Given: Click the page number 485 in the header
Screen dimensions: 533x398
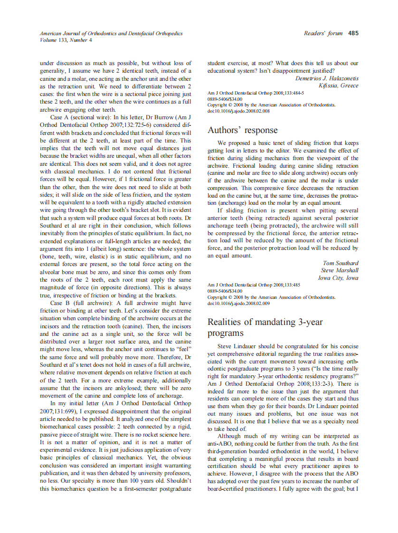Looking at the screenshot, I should coord(353,33).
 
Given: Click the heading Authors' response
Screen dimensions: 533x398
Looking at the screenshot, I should coord(243,130).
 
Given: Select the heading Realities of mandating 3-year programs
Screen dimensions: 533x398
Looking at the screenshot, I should coord(265,327).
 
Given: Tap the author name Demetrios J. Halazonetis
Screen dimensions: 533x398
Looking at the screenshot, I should coord(327,78).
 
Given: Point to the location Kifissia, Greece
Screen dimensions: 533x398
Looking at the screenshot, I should coord(339,86).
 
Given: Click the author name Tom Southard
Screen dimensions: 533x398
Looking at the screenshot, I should coord(341,263).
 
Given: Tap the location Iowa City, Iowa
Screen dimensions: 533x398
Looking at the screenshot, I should coord(338,278).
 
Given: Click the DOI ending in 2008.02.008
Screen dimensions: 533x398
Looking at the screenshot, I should coord(239,111).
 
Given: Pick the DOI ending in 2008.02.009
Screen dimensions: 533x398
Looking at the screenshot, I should coord(239,303).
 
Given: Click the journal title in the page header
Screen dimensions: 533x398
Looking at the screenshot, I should coord(111,34).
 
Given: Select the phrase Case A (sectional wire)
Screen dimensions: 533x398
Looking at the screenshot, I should coord(79,116).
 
